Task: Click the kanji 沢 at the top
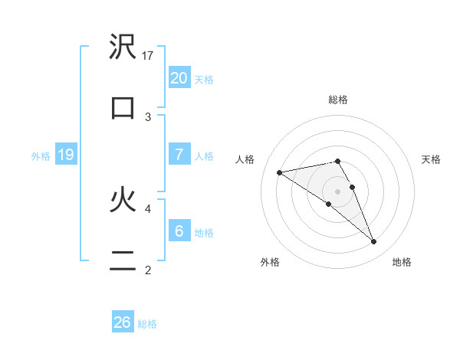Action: pos(123,49)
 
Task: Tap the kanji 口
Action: pos(123,108)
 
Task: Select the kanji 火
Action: pos(123,201)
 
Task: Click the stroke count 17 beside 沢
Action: pos(149,55)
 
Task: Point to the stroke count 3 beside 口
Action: pos(147,116)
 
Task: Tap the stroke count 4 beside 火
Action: pos(147,208)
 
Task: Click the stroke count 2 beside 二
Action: pos(147,270)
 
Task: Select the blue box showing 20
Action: pos(179,78)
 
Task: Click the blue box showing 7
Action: pos(179,155)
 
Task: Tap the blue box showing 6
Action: pos(179,231)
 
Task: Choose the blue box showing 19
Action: pos(66,155)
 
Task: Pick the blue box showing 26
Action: pos(123,322)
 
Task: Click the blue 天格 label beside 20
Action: pos(204,80)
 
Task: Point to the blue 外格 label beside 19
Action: pos(41,156)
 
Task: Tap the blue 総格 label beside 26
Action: pos(147,324)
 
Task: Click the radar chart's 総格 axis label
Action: pos(338,100)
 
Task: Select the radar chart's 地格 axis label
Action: pos(402,262)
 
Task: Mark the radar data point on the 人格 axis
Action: pos(280,172)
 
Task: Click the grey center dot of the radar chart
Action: pos(338,191)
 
